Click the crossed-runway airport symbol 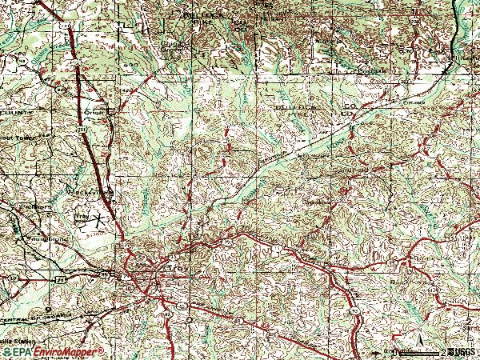coord(99,218)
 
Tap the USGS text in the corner coord(462,351)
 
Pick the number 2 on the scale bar coord(442,351)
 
